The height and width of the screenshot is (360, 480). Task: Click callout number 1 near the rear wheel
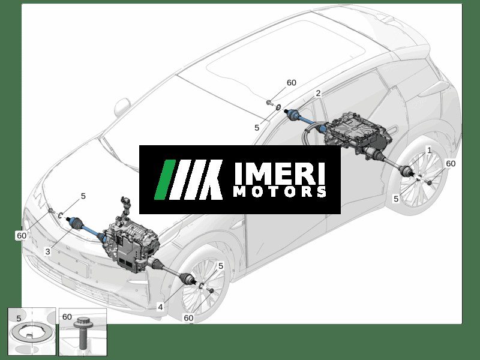(429, 151)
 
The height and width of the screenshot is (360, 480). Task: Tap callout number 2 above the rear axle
(319, 93)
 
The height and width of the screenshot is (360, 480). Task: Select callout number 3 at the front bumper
(48, 252)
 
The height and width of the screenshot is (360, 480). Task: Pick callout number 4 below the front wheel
(160, 307)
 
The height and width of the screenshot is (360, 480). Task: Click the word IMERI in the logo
(279, 173)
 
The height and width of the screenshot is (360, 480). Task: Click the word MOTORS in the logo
(280, 191)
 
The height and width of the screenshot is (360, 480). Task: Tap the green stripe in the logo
(166, 179)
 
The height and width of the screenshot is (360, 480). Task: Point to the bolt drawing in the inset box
(82, 334)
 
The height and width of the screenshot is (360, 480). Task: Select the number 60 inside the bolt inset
(67, 317)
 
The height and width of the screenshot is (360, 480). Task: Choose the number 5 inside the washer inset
(19, 319)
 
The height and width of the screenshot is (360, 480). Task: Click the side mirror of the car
(122, 107)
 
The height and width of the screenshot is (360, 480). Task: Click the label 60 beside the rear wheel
(451, 163)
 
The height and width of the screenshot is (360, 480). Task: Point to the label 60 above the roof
(292, 83)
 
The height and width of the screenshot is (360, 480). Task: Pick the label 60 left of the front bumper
(22, 235)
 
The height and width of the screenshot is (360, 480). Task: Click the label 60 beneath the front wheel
(188, 318)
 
